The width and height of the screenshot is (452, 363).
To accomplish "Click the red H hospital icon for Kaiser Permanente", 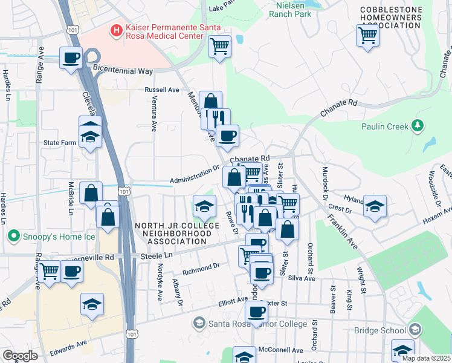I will point(115,28).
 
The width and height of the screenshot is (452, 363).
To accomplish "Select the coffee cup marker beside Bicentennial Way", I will point(71,58).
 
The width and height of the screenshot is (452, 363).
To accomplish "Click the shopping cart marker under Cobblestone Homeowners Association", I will point(367,36).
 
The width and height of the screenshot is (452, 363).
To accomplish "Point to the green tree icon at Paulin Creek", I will point(417,126).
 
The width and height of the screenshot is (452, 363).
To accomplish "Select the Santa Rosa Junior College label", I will point(257,324).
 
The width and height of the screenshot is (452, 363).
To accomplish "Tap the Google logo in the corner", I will point(20,356).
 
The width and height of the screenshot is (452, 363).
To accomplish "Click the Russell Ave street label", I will point(162,90).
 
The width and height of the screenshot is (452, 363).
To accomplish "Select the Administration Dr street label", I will point(195,175).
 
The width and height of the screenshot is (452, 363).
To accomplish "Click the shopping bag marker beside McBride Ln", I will point(91,194).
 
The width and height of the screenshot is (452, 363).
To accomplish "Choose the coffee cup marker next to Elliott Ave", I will point(256,313).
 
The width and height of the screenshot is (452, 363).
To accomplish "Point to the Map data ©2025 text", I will point(427,358).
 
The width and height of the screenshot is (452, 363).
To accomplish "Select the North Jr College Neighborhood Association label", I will point(171,234).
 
